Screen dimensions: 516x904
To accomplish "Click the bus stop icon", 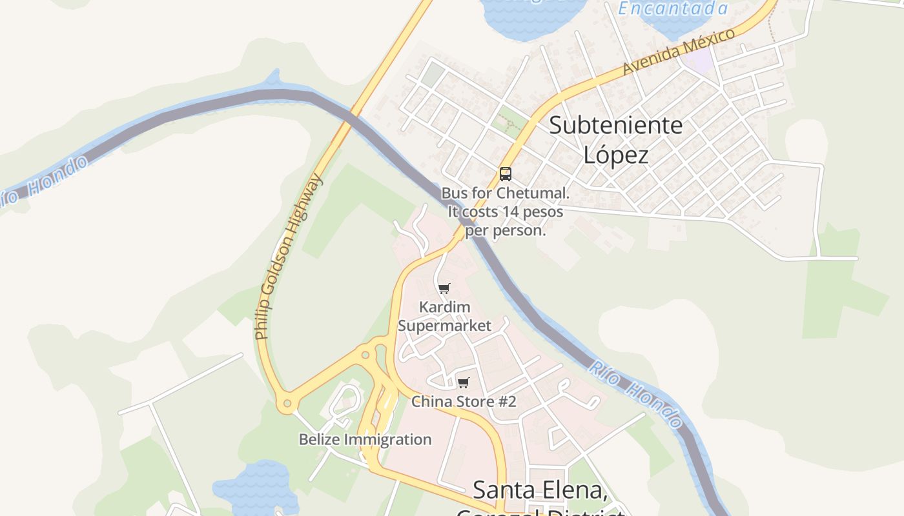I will coord(505,174).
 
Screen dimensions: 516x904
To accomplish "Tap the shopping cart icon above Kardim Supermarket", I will coord(444,288).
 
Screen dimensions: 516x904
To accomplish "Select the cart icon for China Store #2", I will coord(463,382).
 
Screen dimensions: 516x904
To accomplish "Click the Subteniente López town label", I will coord(615,139).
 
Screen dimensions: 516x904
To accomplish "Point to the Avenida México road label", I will coord(679,52).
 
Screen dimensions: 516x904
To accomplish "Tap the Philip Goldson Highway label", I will coord(288,257).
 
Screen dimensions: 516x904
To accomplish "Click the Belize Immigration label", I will coord(365,440).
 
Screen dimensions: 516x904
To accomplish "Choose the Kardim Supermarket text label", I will coord(444,316).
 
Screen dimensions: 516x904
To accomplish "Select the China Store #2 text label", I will coord(464,402).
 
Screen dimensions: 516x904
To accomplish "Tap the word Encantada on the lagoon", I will coord(673,8).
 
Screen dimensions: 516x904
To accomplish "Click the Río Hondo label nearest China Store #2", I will coord(636,394).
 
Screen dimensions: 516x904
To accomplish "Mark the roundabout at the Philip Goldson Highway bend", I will coord(287,404).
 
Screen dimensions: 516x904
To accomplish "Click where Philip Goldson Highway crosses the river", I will coord(351,116).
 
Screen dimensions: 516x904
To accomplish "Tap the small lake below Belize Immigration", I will coord(258,487).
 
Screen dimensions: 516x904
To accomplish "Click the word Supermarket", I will coord(444,326).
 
